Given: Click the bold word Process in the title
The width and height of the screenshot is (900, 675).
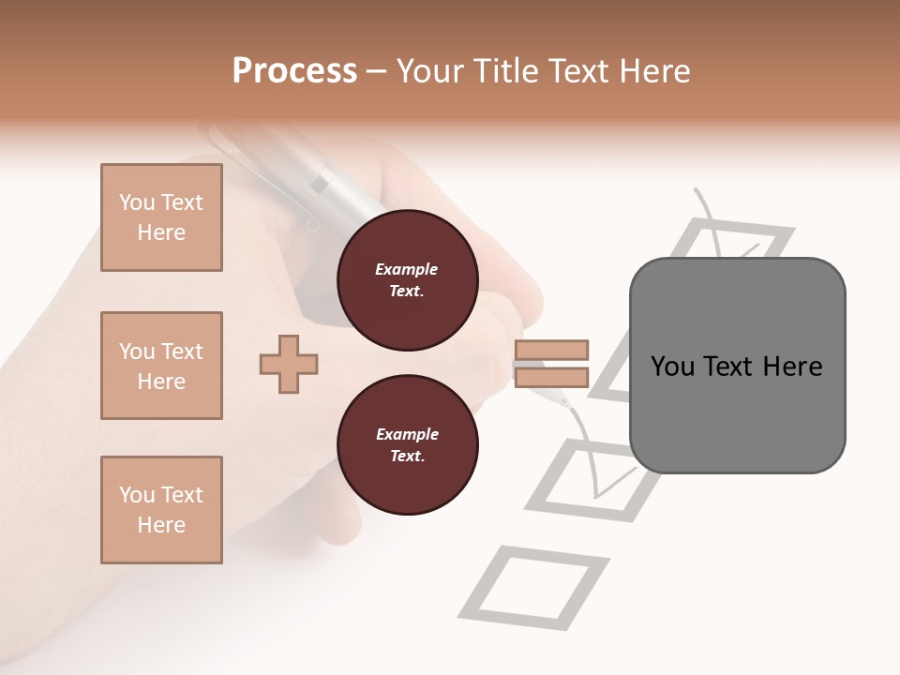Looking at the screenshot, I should tap(294, 70).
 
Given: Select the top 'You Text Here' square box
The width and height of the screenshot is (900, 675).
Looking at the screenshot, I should tap(161, 217).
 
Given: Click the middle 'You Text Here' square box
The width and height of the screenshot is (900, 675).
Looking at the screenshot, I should tap(161, 366).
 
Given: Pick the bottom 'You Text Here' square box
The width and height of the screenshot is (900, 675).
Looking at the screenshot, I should tap(161, 510).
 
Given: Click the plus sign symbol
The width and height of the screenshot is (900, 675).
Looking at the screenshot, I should tap(289, 364).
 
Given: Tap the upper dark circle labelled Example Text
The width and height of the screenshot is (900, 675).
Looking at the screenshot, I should tap(407, 280).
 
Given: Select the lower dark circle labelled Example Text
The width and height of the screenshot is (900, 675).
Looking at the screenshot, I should tap(407, 445).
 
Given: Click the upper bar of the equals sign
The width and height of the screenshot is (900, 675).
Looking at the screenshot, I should tap(551, 350).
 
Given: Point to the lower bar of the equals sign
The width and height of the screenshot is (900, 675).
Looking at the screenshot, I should tap(551, 378).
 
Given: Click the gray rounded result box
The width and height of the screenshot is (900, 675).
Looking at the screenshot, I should tap(737, 366).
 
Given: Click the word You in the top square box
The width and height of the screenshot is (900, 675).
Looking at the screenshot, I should tap(136, 202).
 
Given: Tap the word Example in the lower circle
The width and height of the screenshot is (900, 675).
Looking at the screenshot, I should tap(407, 434).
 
